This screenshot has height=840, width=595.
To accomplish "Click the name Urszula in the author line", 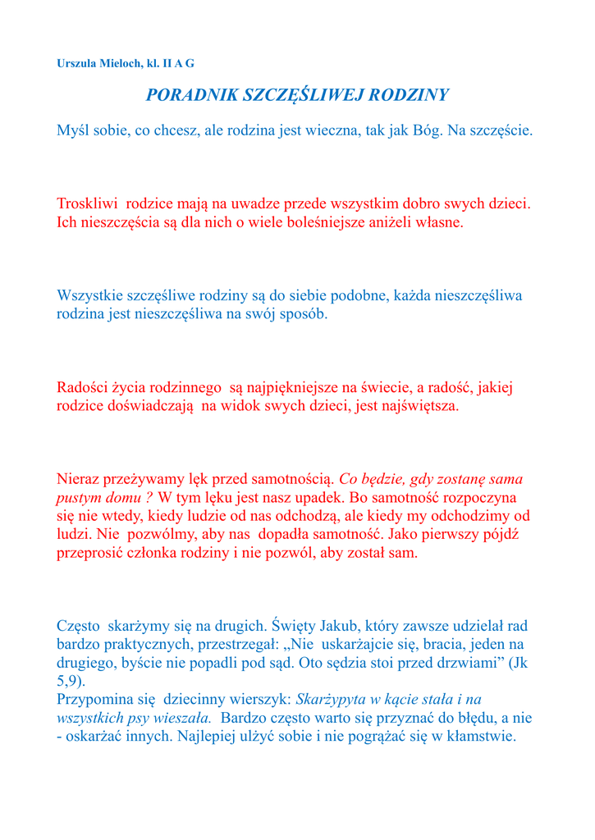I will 76,63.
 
